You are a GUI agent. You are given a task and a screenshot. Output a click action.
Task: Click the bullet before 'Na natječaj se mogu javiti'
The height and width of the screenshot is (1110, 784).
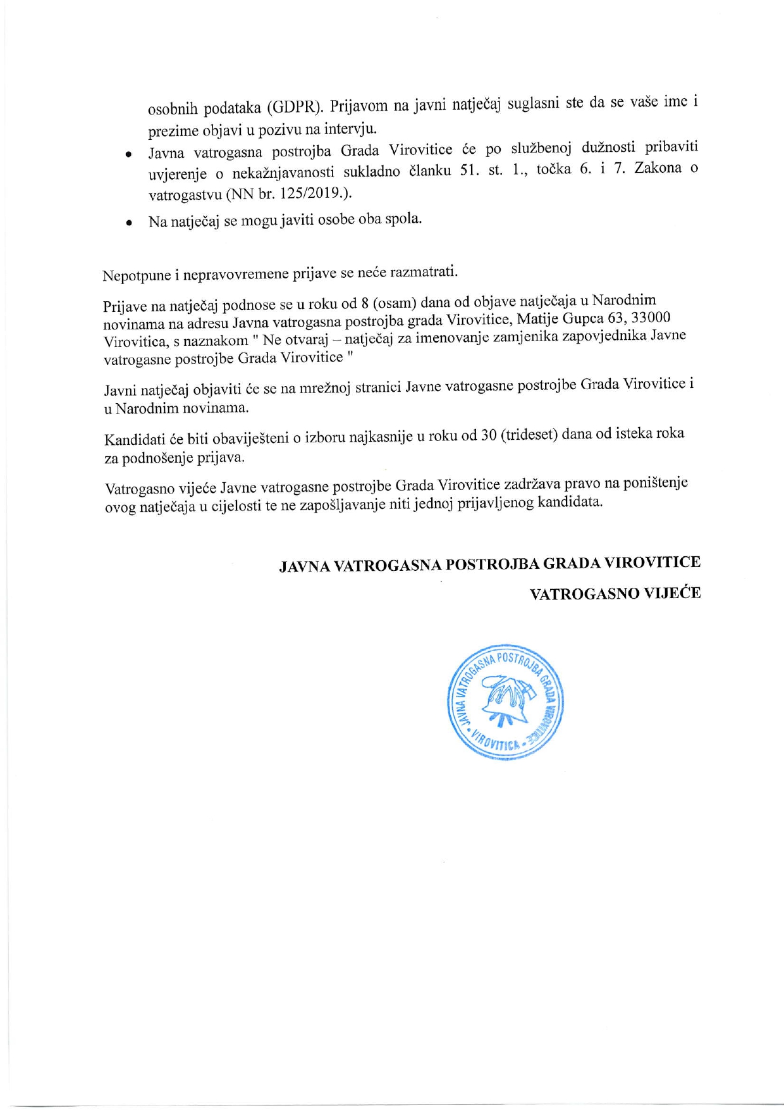pos(128,223)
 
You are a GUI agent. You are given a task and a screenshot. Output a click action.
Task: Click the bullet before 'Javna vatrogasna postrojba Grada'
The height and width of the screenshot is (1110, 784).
pos(128,154)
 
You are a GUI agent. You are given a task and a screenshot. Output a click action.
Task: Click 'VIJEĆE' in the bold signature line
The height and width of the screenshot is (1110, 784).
pos(672,594)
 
